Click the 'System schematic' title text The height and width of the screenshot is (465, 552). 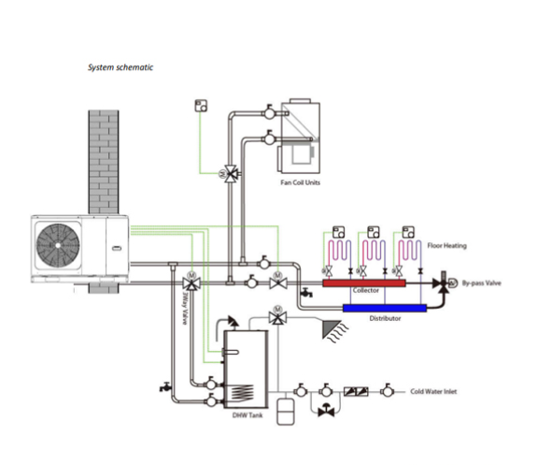tap(120, 67)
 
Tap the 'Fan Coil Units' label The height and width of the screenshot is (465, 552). tap(301, 182)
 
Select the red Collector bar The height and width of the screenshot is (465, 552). tap(364, 283)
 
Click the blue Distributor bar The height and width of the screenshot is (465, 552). tap(385, 308)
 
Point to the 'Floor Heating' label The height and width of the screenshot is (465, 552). tap(446, 245)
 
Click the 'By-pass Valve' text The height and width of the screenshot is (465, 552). tap(481, 283)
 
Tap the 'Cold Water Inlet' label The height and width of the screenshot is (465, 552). tap(433, 391)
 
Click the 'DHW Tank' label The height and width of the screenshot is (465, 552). tap(248, 414)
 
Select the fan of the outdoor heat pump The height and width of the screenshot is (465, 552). tap(58, 245)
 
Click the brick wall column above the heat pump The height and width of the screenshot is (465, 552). tap(104, 162)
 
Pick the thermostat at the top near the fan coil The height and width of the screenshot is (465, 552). tap(201, 106)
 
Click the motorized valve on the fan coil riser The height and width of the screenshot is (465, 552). tap(231, 173)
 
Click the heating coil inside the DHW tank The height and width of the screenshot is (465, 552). tap(242, 393)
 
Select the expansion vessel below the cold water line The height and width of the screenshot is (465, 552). tap(286, 412)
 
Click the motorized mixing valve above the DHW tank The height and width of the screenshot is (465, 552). tap(277, 316)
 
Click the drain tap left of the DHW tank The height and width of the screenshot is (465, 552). tap(164, 386)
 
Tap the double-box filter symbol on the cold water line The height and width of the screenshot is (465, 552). tap(356, 391)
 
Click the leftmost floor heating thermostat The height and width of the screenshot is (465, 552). tap(339, 232)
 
